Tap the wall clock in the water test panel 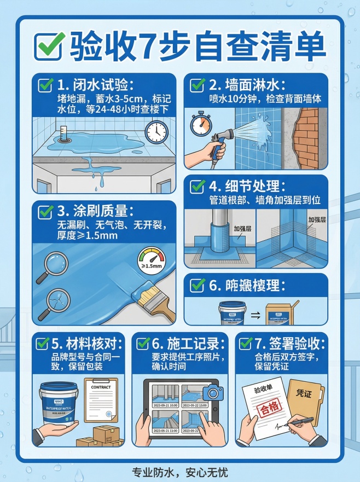(x=156, y=131)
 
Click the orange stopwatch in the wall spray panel (x=201, y=124)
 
